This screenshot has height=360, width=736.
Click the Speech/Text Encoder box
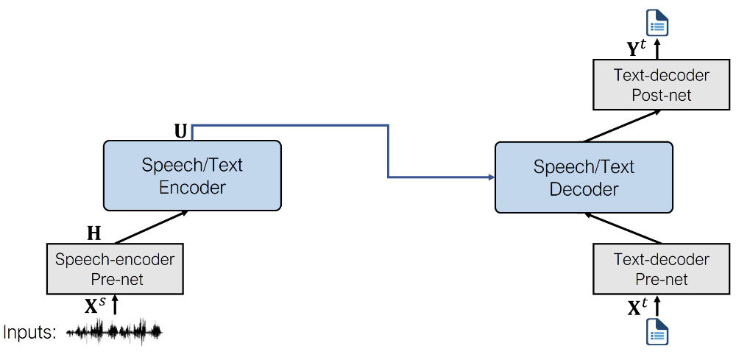coord(192,176)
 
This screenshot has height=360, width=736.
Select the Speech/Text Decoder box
coord(584,177)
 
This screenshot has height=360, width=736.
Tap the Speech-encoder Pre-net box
coord(115,270)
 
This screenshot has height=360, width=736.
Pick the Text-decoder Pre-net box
coord(651,269)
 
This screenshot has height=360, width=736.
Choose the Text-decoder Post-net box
coord(651,85)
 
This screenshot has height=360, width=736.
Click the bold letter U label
coord(180,131)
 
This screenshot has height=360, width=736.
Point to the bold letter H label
coord(94,234)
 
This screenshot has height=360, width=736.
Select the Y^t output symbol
coord(637,49)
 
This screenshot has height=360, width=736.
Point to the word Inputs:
coord(30,333)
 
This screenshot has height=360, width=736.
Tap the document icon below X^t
coord(658,333)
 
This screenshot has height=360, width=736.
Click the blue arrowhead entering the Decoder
coord(490,177)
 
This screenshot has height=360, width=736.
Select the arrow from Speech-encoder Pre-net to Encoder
coord(151,227)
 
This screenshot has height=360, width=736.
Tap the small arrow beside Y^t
coord(658,49)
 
